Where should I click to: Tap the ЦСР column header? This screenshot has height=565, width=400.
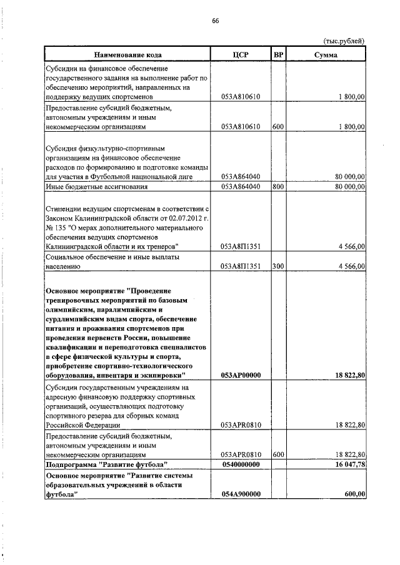pos(241,55)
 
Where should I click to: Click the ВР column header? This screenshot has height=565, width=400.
pos(279,55)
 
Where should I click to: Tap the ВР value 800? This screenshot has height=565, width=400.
pos(279,186)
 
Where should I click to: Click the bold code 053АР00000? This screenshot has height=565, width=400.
pos(241,375)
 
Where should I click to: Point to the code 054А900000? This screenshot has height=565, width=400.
pos(241,494)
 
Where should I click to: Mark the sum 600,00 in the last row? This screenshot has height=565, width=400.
pos(354,494)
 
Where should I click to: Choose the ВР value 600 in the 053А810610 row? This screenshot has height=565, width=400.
pos(279,127)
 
